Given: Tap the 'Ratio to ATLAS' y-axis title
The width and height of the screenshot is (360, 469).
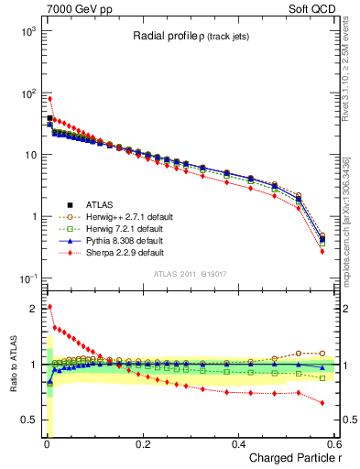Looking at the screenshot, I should point(10,364).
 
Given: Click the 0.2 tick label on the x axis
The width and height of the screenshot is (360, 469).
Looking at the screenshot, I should point(142,443).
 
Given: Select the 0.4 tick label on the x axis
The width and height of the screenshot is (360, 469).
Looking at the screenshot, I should point(237,443).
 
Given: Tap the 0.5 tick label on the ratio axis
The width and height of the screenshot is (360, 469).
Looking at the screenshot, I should point(30,420).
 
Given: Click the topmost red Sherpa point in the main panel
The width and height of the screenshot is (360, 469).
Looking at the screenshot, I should point(49,99).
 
